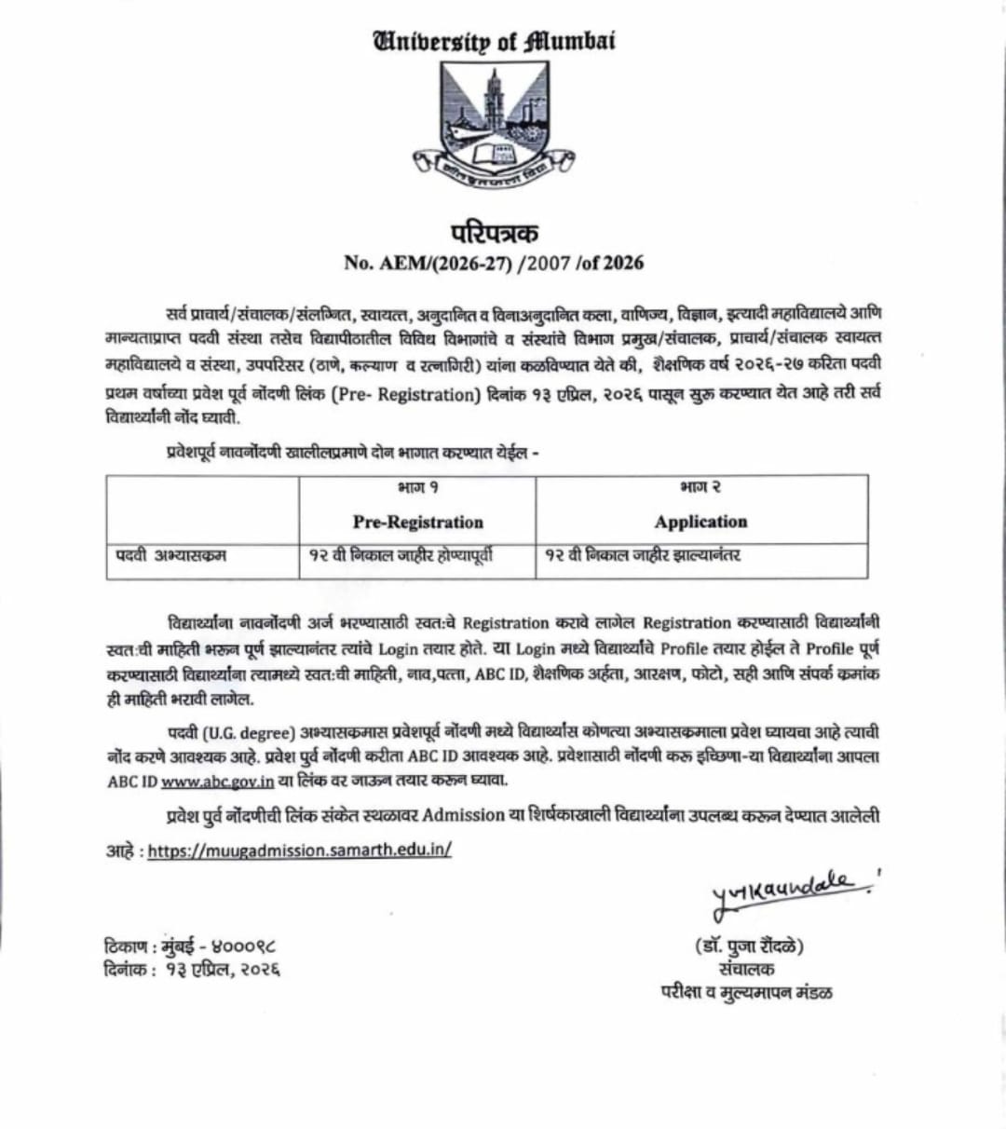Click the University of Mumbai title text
(x=494, y=42)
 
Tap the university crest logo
(x=494, y=119)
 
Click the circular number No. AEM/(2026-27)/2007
(x=494, y=263)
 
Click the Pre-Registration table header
(x=417, y=522)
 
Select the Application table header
(x=700, y=522)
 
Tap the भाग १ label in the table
(x=417, y=487)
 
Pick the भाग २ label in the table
(x=700, y=487)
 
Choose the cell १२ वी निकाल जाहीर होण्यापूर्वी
(x=401, y=556)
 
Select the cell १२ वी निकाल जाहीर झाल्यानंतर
(x=643, y=556)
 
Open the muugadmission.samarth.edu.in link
(x=299, y=850)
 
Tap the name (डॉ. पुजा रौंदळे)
(x=748, y=947)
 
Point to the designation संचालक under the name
(x=747, y=970)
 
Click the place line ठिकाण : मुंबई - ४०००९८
(x=190, y=947)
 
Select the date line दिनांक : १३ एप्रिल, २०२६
(x=192, y=971)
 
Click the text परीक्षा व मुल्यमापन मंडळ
(x=747, y=993)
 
